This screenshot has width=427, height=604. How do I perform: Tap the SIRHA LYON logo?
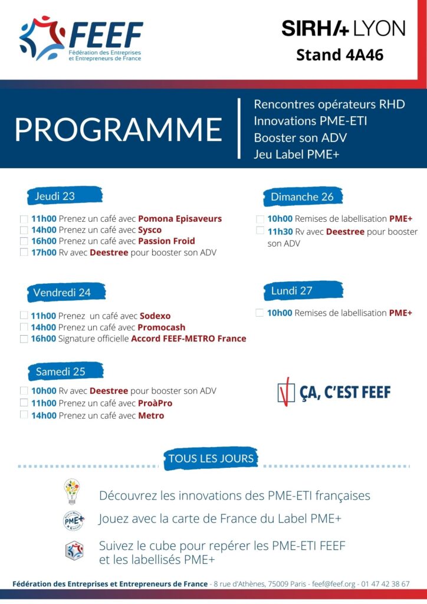click(343, 27)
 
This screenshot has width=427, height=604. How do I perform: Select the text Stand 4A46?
click(340, 55)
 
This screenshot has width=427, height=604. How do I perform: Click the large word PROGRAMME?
click(118, 129)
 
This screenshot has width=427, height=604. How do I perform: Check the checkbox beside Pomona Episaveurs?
click(24, 219)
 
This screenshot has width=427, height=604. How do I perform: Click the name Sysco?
click(150, 230)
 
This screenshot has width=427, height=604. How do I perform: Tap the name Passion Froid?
click(166, 241)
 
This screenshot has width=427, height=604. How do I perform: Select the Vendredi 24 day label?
click(62, 293)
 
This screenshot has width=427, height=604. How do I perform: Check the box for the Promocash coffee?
click(24, 327)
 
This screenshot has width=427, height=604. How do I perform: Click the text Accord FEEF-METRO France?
click(189, 339)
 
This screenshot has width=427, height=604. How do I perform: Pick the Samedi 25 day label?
click(60, 372)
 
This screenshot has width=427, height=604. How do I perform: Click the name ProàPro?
click(155, 403)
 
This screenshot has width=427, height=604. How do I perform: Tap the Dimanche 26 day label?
click(302, 197)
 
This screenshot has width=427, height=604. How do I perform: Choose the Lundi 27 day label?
click(292, 291)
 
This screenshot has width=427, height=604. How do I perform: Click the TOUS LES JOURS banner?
click(211, 458)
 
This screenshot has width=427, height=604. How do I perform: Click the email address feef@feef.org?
click(334, 584)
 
